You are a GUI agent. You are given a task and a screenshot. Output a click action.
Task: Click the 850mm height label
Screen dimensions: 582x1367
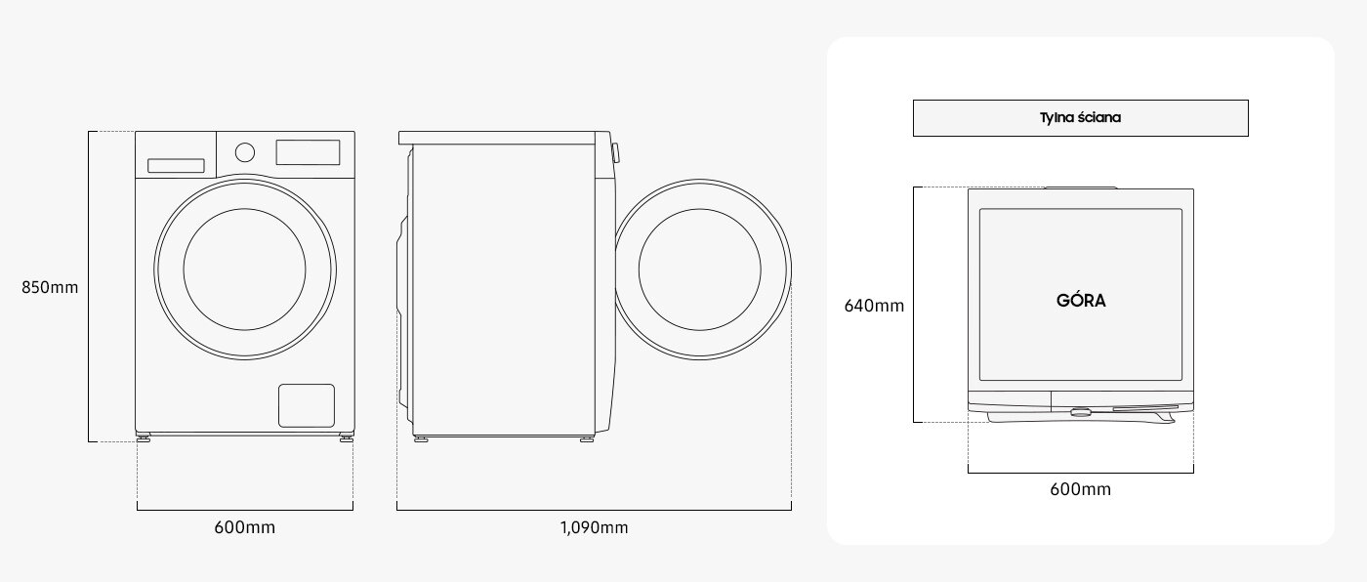[50, 288]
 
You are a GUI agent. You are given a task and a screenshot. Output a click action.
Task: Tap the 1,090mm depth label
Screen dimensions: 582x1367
[594, 528]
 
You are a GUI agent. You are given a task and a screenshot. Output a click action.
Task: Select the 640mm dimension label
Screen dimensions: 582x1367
[874, 306]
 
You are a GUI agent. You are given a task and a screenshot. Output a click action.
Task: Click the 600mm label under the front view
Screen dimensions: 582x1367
[244, 528]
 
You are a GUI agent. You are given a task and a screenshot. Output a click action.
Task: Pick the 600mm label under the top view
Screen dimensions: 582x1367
[1080, 489]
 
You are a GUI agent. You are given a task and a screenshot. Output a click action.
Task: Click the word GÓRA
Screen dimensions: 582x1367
[1081, 301]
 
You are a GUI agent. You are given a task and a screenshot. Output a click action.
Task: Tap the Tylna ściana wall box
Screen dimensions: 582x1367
[1080, 118]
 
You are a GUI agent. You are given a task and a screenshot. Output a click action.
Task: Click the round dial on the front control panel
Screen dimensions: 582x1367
[245, 151]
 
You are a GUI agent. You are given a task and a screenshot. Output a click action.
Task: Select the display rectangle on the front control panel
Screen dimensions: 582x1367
[308, 152]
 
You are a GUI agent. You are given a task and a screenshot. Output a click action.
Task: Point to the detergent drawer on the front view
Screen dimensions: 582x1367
[176, 166]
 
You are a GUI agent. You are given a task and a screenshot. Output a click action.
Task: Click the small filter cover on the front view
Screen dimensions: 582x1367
[307, 405]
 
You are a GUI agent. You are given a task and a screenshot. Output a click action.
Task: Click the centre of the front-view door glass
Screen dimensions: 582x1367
[244, 268]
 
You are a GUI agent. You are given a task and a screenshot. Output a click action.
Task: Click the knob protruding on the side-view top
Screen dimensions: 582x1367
[614, 152]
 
